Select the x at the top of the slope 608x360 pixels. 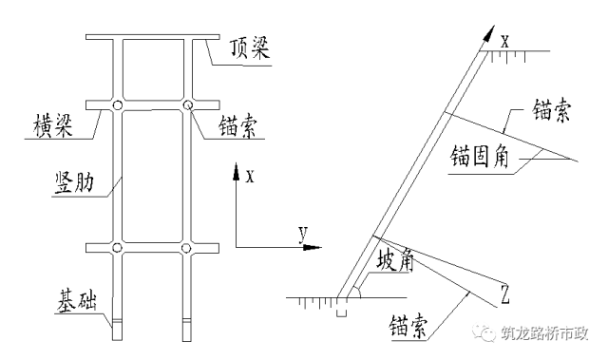(504, 40)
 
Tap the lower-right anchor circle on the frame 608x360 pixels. (188, 249)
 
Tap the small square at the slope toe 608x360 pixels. (342, 310)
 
